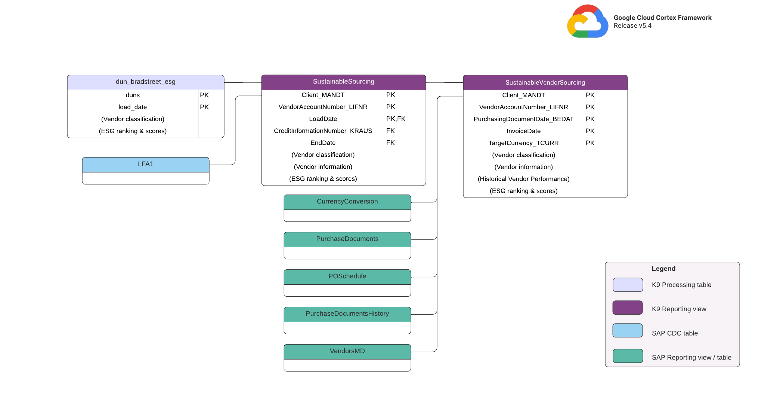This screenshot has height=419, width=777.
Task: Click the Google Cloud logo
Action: [x=587, y=22]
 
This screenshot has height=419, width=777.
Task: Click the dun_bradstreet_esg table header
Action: [x=145, y=82]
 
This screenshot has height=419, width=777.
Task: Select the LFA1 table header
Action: [x=145, y=164]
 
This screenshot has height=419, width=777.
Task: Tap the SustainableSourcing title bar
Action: [x=343, y=82]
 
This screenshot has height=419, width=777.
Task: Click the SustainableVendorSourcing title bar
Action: [x=545, y=82]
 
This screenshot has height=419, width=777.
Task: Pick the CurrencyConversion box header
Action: [x=347, y=202]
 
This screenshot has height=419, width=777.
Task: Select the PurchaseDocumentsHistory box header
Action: [x=347, y=314]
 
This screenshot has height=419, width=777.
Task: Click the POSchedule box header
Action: [x=347, y=276]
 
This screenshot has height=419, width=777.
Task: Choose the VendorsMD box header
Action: [x=347, y=351]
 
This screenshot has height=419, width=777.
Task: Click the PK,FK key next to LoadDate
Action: [x=396, y=119]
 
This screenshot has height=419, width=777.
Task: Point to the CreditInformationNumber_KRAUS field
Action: [x=323, y=131]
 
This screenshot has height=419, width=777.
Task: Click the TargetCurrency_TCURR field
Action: [x=523, y=143]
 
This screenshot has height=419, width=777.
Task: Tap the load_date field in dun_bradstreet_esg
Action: [x=133, y=107]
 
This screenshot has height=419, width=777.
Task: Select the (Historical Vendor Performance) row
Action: [x=523, y=179]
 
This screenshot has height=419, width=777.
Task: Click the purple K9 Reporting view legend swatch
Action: [x=628, y=308]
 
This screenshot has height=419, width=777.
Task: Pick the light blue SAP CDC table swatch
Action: [x=628, y=331]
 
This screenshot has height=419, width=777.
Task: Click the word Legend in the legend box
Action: [x=663, y=269]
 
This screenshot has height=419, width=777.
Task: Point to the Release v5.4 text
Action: [x=632, y=26]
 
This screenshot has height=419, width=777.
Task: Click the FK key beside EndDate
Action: [x=390, y=143]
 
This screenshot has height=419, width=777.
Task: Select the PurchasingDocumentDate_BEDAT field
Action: [x=523, y=119]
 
